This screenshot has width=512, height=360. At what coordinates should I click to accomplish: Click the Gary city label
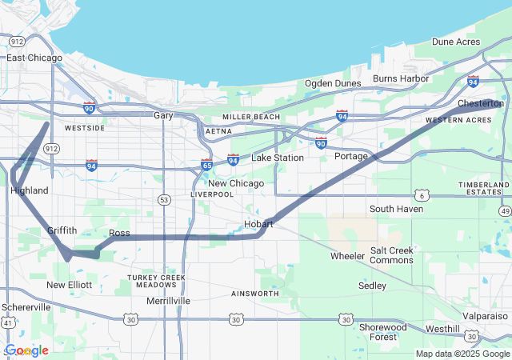[163, 115]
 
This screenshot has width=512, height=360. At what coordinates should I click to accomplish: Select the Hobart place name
[258, 224]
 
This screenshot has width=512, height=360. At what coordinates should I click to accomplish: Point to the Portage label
[350, 156]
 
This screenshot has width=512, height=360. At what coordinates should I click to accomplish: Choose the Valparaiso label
[486, 316]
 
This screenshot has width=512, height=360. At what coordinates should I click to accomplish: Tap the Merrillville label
[169, 301]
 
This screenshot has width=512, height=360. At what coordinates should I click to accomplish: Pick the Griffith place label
[62, 230]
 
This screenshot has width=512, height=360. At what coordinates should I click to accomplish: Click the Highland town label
[30, 190]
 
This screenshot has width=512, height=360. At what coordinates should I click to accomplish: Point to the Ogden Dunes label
[331, 83]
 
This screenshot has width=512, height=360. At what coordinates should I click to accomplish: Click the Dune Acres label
[456, 42]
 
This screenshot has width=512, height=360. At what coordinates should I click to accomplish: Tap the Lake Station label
[278, 158]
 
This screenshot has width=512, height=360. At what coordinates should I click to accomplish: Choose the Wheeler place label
[347, 256]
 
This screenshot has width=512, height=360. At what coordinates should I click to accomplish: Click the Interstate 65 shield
[206, 166]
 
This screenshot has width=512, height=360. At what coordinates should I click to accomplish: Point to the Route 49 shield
[504, 210]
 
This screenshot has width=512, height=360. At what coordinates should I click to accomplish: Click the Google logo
[26, 350]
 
